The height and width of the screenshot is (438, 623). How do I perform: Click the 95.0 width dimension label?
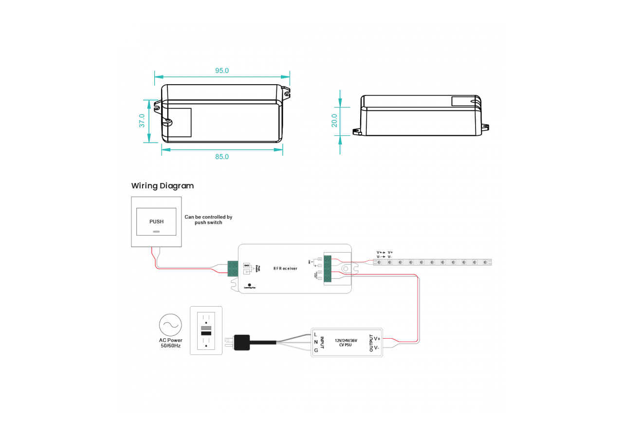click(x=222, y=71)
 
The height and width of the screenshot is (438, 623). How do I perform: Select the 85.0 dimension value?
click(x=222, y=157)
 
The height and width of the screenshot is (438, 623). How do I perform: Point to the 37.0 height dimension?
click(x=142, y=121)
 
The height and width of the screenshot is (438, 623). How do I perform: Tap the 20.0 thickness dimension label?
click(x=334, y=120)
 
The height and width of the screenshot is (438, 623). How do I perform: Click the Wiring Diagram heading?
click(x=163, y=186)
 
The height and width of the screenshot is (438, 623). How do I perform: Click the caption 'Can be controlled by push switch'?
click(x=208, y=219)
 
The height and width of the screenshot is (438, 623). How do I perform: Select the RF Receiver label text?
click(x=285, y=268)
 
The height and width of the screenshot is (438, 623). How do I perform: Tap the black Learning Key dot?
click(x=250, y=285)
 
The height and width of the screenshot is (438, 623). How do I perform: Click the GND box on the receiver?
click(x=246, y=265)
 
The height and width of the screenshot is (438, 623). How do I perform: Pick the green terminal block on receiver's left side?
click(x=233, y=269)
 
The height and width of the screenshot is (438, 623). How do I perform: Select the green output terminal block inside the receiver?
click(x=328, y=269)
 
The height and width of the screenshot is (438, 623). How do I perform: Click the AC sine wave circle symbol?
click(x=170, y=325)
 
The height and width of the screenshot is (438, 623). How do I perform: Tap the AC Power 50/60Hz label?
click(x=170, y=343)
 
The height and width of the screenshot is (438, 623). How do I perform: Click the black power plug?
click(x=241, y=342)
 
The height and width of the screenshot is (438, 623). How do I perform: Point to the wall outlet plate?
click(x=206, y=330)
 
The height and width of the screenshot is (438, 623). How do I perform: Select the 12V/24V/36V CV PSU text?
click(x=346, y=343)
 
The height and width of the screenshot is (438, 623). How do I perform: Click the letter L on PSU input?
click(x=315, y=334)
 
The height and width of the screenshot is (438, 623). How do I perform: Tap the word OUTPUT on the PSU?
click(x=371, y=343)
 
